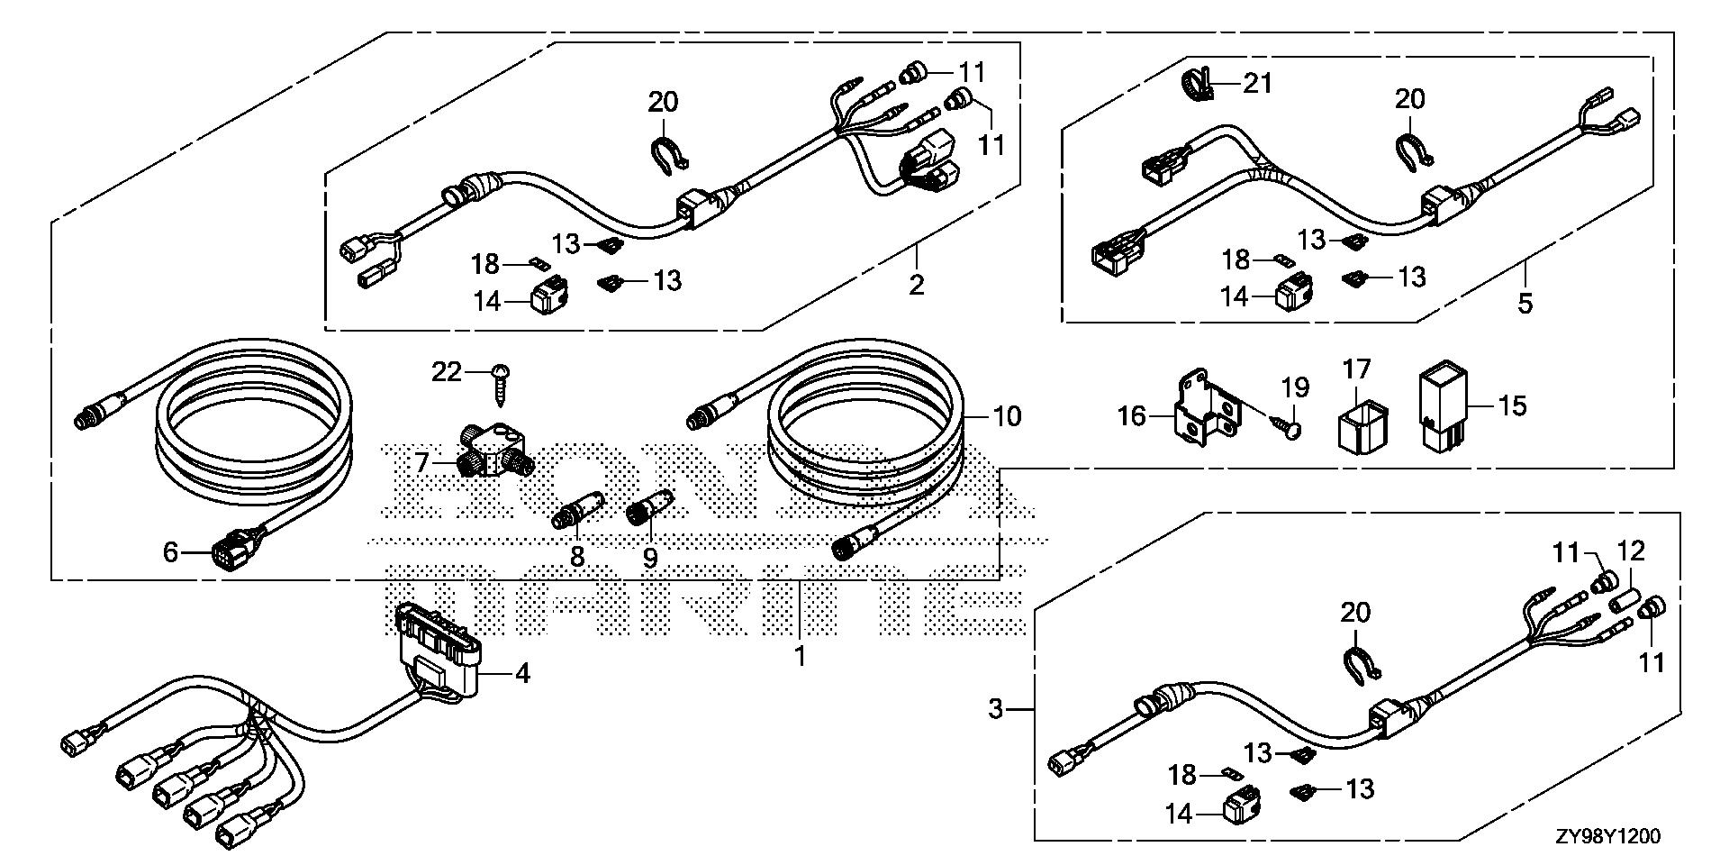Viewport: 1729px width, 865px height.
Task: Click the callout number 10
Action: click(1007, 416)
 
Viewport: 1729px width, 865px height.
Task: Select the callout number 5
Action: click(1525, 303)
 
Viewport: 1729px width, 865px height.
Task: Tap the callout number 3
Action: click(994, 709)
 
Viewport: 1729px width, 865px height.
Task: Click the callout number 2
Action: click(916, 285)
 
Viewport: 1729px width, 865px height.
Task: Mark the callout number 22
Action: click(447, 371)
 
